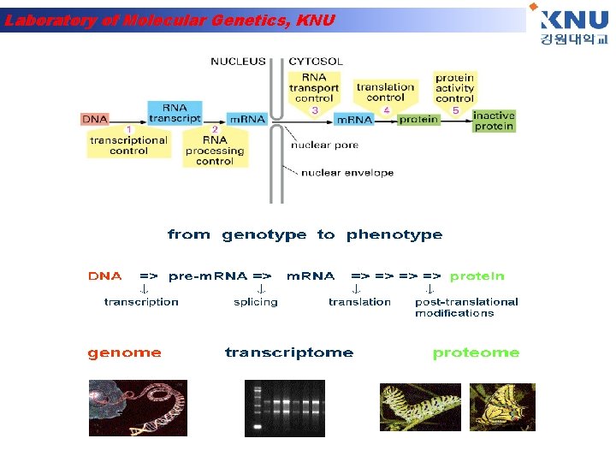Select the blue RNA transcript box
(x=175, y=113)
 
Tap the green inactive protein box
(x=494, y=121)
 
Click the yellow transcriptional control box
(x=128, y=145)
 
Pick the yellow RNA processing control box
(x=215, y=151)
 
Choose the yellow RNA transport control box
(x=314, y=87)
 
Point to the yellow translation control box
(x=385, y=92)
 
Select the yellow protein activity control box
(x=454, y=87)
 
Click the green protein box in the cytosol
(x=419, y=120)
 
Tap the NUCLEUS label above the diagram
(x=238, y=62)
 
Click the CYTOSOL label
(x=316, y=62)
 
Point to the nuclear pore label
(x=324, y=145)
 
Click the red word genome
(x=124, y=352)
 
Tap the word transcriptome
(x=288, y=352)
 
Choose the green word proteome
(x=476, y=352)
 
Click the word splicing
(x=255, y=302)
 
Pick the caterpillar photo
(x=420, y=406)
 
